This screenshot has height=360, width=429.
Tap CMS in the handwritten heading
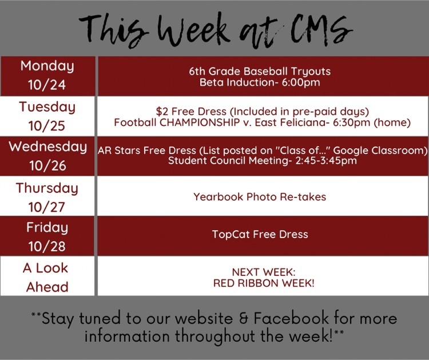321,30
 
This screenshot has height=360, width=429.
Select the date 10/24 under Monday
47,85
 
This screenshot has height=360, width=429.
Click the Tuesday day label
47,108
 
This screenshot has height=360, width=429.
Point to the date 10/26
48,165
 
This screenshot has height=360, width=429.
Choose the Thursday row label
47,189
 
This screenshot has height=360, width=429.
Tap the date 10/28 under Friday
47,246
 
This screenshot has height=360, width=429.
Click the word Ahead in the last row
47,287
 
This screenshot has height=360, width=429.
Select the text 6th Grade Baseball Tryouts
260,72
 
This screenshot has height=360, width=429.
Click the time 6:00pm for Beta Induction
301,82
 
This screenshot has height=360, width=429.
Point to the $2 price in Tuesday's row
162,112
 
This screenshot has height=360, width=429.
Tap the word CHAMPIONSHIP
200,122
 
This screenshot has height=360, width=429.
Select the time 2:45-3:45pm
326,160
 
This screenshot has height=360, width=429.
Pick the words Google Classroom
380,151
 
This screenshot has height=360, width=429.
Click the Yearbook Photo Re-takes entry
260,197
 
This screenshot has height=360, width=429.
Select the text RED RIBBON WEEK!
264,283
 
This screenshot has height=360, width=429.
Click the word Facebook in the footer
291,318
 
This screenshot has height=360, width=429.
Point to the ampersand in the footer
243,319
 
